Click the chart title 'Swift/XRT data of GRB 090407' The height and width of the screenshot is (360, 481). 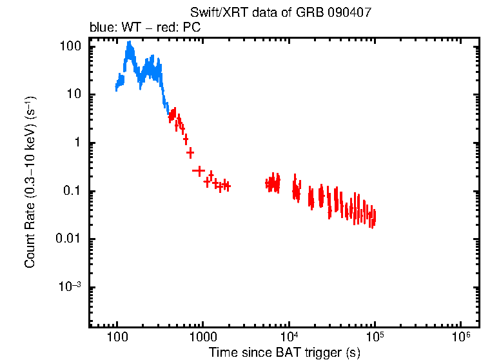click(x=280, y=13)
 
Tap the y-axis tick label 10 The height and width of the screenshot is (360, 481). click(x=74, y=95)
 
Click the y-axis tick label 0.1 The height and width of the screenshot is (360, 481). click(x=72, y=192)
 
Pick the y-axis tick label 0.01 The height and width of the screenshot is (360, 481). click(x=70, y=239)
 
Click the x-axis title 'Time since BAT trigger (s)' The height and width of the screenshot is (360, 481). click(x=284, y=352)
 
